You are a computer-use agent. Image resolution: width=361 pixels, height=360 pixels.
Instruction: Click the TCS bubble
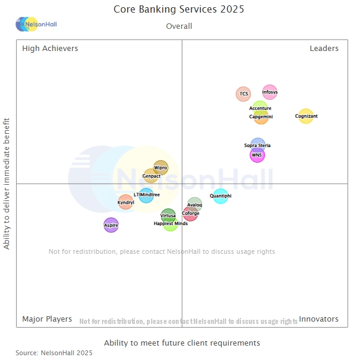pos(243,94)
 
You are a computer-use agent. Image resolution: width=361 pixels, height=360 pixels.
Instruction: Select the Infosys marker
pos(270,92)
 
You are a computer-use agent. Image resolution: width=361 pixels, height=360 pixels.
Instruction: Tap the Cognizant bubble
pos(306,116)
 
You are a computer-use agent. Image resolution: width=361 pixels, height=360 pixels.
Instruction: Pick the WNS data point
pos(257,155)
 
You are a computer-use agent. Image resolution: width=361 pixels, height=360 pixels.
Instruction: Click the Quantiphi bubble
pos(221,196)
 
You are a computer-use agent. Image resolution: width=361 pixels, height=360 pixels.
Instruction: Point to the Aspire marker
pos(111,225)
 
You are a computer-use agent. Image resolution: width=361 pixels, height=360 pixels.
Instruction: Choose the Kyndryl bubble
pos(125,202)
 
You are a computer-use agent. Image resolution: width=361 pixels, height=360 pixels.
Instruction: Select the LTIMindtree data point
pos(146,195)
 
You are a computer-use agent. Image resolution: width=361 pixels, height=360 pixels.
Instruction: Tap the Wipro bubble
pos(161,168)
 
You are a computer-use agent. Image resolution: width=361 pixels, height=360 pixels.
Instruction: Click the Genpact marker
pos(151,176)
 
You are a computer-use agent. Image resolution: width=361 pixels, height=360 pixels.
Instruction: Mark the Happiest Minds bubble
pos(171,224)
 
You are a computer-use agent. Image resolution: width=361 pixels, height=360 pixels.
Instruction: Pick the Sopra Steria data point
pos(257,145)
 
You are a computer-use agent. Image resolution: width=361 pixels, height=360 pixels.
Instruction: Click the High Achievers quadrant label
pos(50,49)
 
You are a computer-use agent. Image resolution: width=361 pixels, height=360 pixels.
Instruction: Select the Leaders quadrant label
pos(324,49)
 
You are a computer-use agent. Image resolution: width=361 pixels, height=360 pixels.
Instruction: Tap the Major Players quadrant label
pos(47,319)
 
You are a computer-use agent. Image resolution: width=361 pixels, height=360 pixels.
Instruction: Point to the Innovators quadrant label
pos(318,319)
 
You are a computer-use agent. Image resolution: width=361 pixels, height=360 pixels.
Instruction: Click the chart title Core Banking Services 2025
pos(179,10)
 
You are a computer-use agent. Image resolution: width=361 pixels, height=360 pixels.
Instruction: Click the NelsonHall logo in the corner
pos(36,25)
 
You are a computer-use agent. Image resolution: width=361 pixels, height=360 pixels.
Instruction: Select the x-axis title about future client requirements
pos(182,343)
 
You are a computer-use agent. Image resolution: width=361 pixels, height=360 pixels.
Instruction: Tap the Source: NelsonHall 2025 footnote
pos(54,353)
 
